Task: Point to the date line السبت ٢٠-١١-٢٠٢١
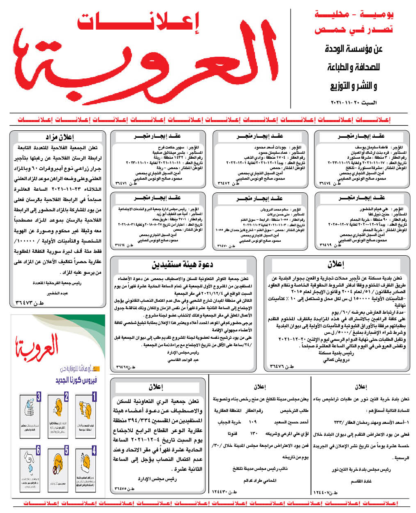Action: [354, 102]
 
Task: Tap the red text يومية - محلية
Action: [354, 15]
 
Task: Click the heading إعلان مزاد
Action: [60, 137]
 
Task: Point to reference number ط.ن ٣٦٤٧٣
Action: [30, 303]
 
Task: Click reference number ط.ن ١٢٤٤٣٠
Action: [224, 492]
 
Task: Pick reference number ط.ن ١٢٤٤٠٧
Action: [325, 492]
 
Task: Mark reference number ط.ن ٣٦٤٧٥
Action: [125, 489]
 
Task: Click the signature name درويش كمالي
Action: [333, 360]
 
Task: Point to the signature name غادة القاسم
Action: [361, 481]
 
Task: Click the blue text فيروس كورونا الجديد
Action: [76, 380]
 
